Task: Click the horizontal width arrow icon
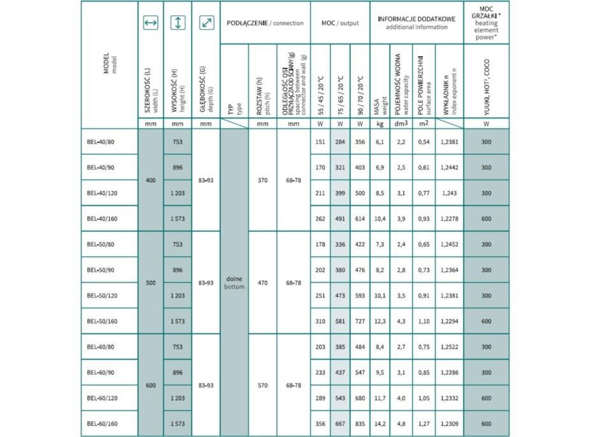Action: click(150, 23)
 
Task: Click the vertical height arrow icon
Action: click(178, 23)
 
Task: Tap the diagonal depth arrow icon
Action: click(206, 23)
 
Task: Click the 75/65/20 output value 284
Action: click(339, 142)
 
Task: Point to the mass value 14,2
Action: click(380, 424)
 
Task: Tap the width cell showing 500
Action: click(150, 283)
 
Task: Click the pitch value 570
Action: click(262, 385)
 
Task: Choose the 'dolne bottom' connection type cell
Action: click(234, 283)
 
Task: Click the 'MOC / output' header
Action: click(339, 23)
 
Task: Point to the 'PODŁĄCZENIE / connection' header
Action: click(265, 23)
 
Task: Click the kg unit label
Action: click(380, 124)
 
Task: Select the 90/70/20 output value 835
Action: click(360, 424)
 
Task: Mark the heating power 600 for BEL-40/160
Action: click(487, 218)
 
